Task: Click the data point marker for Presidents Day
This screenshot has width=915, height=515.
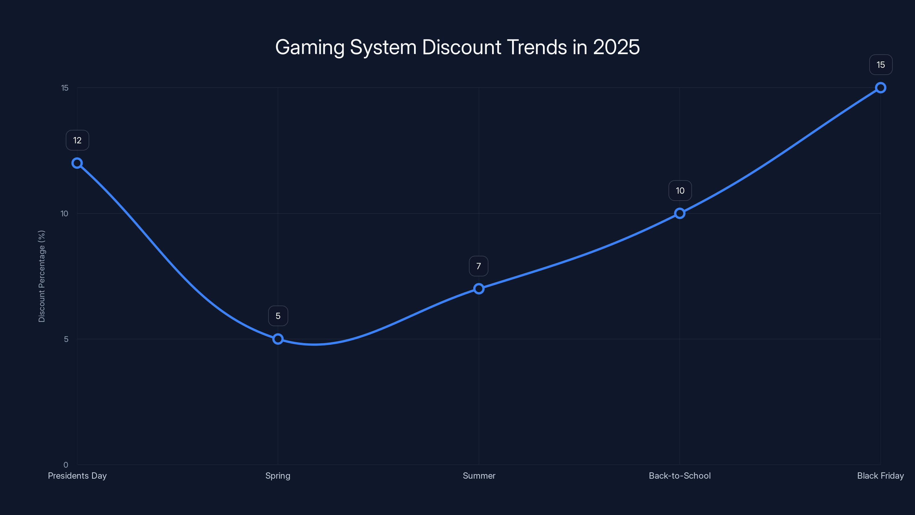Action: (77, 163)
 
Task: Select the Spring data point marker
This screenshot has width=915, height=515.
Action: (278, 339)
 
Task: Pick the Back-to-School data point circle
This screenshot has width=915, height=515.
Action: (679, 213)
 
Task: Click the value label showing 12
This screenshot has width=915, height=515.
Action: (77, 140)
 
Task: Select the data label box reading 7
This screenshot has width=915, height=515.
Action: (478, 266)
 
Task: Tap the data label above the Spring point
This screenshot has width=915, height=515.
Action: (278, 316)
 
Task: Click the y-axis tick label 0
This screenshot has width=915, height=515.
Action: (66, 465)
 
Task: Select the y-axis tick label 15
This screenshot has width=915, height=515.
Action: (65, 88)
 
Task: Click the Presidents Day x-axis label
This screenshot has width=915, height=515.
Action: (77, 476)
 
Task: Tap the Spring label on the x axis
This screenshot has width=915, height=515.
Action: (278, 476)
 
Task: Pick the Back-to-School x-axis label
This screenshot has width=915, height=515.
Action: (679, 476)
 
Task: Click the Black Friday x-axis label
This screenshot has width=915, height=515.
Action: (880, 476)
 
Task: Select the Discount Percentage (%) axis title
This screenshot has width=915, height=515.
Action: (41, 276)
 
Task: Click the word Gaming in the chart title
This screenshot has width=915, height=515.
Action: (310, 47)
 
